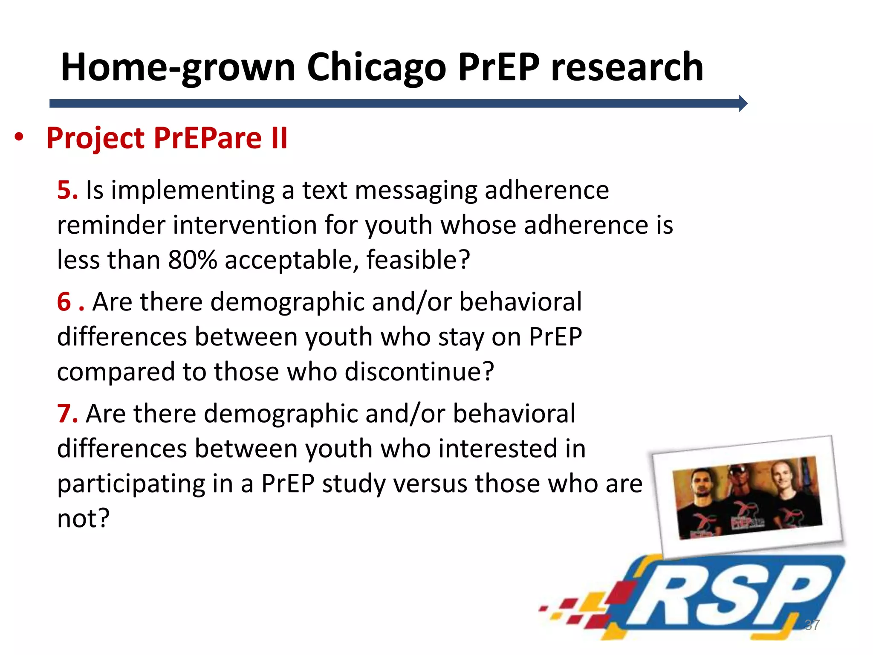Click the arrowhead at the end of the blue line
[x=743, y=103]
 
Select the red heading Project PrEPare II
[x=167, y=138]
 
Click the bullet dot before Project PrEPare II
[x=19, y=137]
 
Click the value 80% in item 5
[x=192, y=260]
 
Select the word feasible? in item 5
[x=418, y=260]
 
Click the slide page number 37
[x=812, y=625]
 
